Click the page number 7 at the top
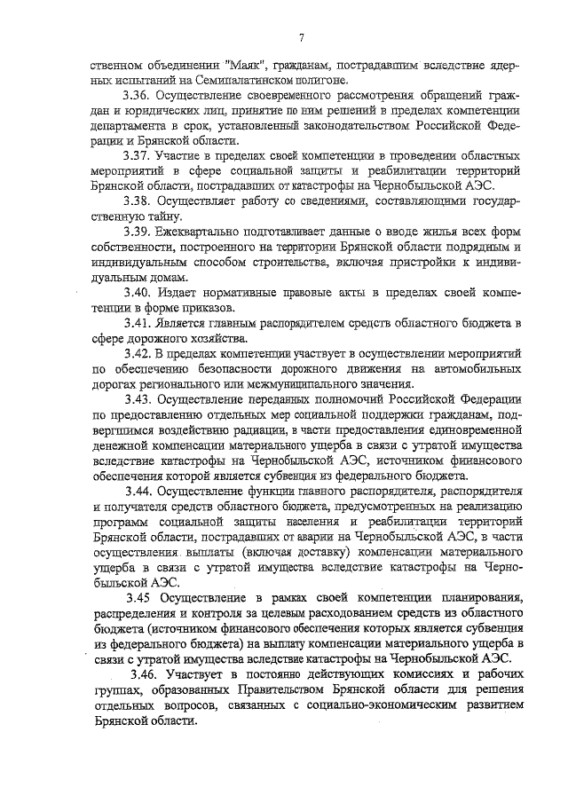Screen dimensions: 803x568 [x=302, y=37]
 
